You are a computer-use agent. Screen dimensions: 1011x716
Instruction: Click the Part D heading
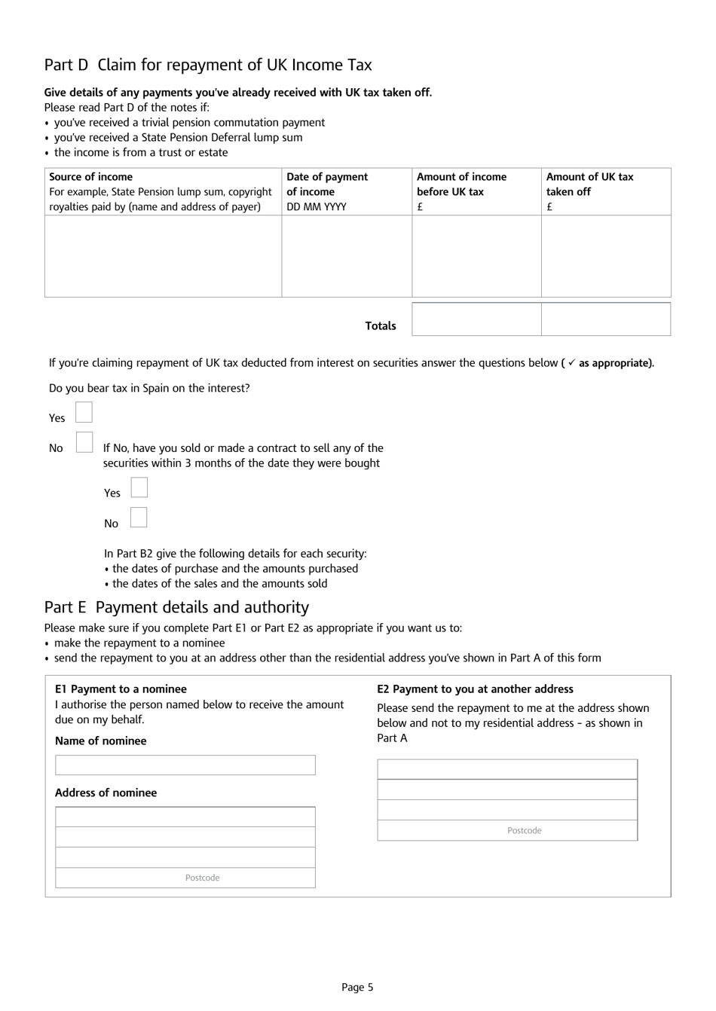coord(208,65)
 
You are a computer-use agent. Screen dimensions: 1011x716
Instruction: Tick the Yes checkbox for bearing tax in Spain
coord(84,412)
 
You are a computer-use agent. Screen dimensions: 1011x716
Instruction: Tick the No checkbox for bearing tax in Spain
coord(84,442)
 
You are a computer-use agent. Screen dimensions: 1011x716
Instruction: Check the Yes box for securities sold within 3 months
coord(139,487)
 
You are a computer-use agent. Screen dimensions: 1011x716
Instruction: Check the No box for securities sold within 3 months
coord(139,518)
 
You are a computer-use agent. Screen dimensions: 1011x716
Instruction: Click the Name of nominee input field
coord(185,765)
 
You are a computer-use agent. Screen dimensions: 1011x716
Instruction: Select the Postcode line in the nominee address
coord(185,878)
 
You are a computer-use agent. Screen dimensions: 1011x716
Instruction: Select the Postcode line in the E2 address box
coord(507,830)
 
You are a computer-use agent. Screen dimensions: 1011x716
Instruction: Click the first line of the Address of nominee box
coord(185,817)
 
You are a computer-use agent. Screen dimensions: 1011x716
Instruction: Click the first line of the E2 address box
coord(507,769)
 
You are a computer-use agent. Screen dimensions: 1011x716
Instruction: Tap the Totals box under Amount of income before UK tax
coord(476,319)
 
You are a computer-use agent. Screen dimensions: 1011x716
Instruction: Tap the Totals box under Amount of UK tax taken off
coord(606,319)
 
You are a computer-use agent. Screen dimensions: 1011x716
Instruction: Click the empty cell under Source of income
coord(163,256)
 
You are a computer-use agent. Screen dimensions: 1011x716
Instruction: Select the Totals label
coord(381,326)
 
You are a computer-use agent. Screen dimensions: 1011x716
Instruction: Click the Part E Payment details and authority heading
coord(176,607)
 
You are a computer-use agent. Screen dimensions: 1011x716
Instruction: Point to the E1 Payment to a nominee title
coord(121,689)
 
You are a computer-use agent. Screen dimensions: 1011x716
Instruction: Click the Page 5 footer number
coord(357,987)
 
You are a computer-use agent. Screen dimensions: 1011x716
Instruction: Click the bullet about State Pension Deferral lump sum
coord(178,138)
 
